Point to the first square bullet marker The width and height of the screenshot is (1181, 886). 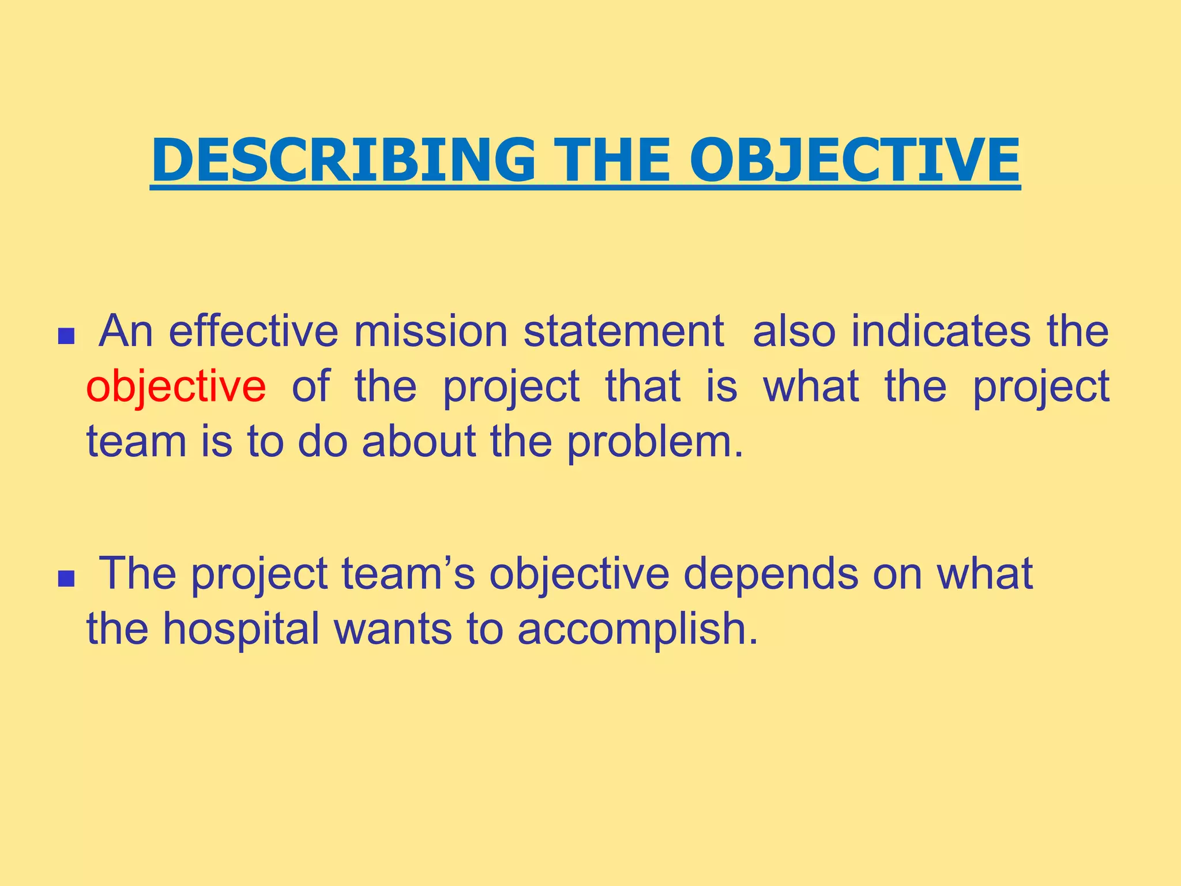[x=66, y=336]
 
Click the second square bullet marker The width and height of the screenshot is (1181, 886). [x=66, y=578]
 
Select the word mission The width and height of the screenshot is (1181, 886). [x=430, y=332]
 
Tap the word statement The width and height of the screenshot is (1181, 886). [x=623, y=332]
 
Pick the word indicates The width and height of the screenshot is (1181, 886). [x=941, y=332]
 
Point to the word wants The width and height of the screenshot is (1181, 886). [x=393, y=629]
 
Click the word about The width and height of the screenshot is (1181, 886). [x=419, y=442]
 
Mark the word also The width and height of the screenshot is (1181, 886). [x=794, y=332]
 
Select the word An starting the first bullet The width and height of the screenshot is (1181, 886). [x=126, y=332]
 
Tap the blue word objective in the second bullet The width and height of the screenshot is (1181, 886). [x=579, y=575]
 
